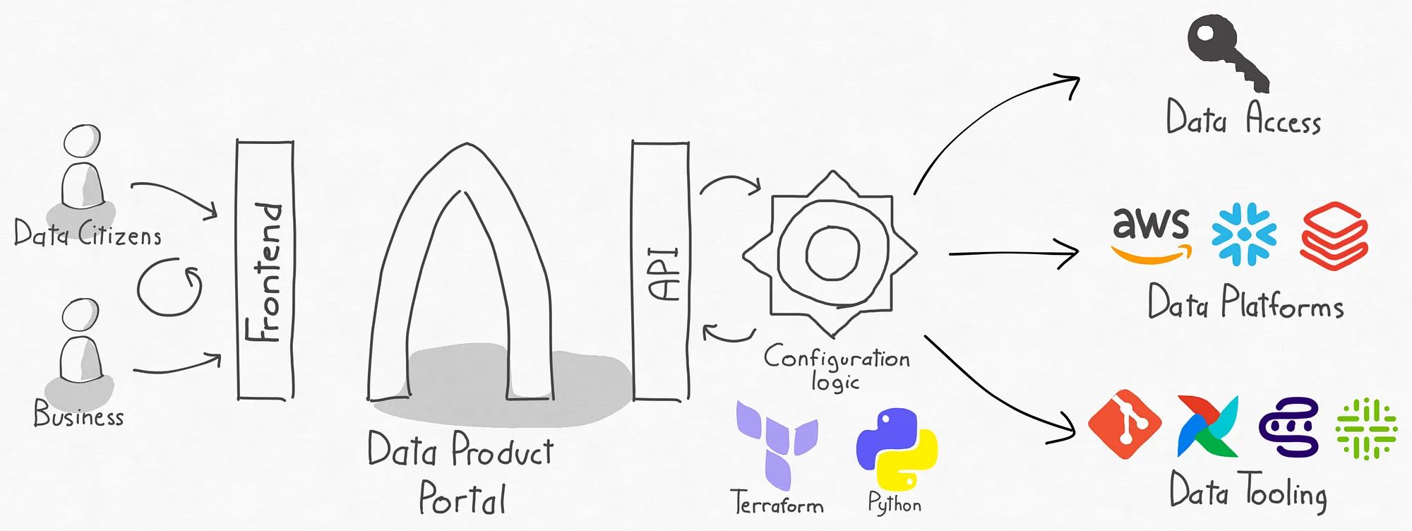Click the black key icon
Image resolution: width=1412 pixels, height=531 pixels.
coord(1226,51)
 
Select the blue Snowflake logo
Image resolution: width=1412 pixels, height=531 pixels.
coord(1244,234)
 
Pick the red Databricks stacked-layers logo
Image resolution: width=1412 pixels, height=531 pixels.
coord(1334,236)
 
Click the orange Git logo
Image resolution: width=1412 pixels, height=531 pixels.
coord(1125,424)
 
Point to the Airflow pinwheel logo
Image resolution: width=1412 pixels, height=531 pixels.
coord(1208,426)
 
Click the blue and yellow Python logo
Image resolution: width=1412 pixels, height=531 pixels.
coord(897,449)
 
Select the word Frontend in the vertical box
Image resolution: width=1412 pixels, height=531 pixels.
coord(263,272)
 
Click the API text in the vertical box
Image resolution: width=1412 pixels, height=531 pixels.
coord(664,275)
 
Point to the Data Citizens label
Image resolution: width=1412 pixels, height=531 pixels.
coord(88,233)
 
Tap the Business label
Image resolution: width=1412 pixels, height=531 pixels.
coord(78,414)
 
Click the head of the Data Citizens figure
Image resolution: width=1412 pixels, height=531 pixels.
coord(82,141)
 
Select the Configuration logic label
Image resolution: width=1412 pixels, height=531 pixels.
coord(837,367)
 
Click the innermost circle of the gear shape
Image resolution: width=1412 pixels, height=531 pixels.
coord(833,253)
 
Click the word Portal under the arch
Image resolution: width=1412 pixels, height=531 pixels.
coord(462,498)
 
